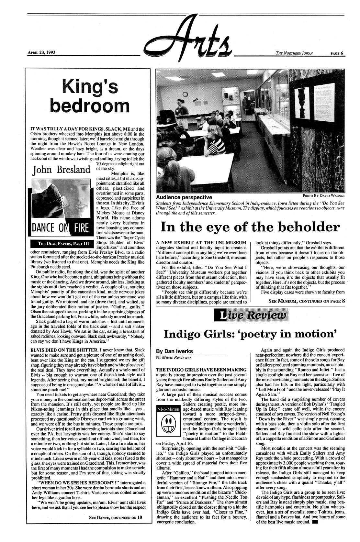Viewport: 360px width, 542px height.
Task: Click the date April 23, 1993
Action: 41,52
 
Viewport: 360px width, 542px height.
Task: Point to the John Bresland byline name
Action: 61,170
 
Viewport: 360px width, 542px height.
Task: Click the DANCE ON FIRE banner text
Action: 60,228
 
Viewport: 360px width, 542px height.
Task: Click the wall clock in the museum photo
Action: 185,94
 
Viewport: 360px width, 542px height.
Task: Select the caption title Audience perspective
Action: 184,197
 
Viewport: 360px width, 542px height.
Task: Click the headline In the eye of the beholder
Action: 250,227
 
